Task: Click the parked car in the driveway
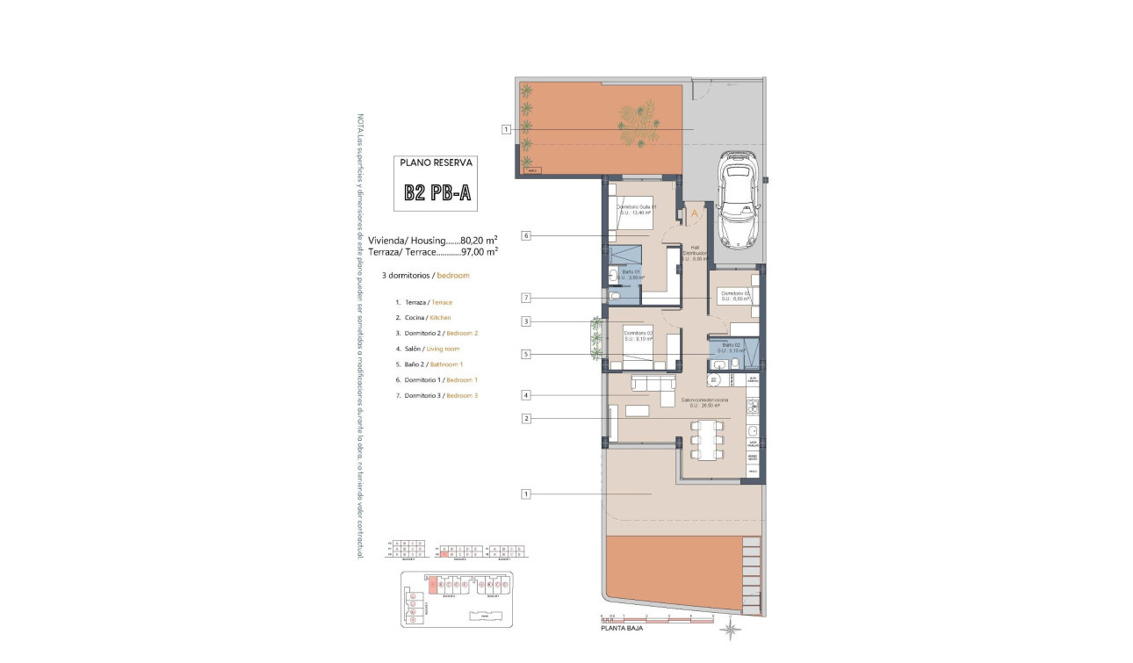[x=736, y=201]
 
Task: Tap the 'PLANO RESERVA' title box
[x=437, y=162]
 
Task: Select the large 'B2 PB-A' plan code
[x=437, y=193]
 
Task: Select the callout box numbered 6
[x=525, y=235]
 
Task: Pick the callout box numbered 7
[x=525, y=298]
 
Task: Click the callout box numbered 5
[x=525, y=355]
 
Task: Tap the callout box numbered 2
[x=525, y=419]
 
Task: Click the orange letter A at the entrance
[x=694, y=213]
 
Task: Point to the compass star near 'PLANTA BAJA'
[x=730, y=628]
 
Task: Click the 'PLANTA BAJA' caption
[x=620, y=629]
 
